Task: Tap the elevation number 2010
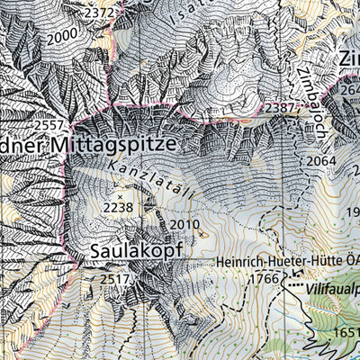184,224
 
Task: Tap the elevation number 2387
279,108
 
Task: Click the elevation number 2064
320,161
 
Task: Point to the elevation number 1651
346,332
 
